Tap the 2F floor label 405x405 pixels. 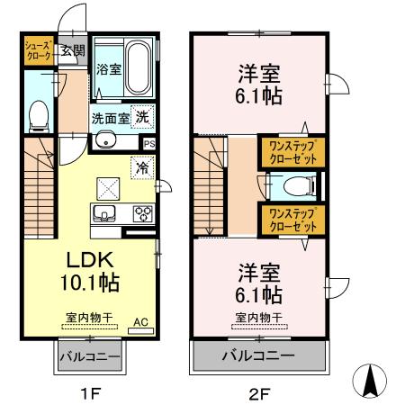[x=259, y=392]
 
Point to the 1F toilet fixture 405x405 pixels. [x=38, y=113]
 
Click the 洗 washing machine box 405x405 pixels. [x=142, y=115]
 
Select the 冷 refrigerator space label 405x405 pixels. [x=141, y=166]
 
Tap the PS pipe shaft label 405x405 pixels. [x=148, y=142]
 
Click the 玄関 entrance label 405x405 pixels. [x=73, y=51]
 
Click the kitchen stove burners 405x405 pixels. [x=141, y=214]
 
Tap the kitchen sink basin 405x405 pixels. [x=102, y=213]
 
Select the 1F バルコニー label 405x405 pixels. [x=90, y=357]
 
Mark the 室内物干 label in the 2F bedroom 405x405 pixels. [x=259, y=318]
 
